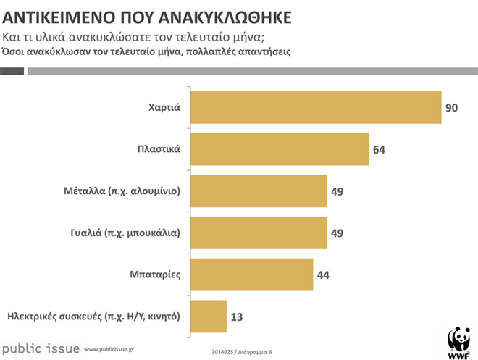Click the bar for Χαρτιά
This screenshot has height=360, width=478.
tap(315, 108)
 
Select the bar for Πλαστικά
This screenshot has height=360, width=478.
tap(279, 150)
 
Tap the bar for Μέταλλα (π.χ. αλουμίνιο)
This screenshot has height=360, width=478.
tap(258, 192)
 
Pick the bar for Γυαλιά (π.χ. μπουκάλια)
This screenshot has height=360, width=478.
tap(258, 233)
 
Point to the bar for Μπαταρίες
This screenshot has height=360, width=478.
tap(251, 275)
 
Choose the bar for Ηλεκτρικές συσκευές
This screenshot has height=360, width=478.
tap(208, 317)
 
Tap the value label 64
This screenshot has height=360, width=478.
tap(380, 150)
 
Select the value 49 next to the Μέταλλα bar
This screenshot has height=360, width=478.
tap(337, 192)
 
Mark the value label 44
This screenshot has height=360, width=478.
tap(322, 275)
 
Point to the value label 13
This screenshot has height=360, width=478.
tap(237, 317)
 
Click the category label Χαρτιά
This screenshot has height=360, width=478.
tap(163, 108)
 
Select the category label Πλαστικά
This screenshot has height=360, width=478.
tap(159, 150)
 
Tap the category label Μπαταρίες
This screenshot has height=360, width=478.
tap(156, 275)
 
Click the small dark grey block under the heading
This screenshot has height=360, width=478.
tap(12, 71)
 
